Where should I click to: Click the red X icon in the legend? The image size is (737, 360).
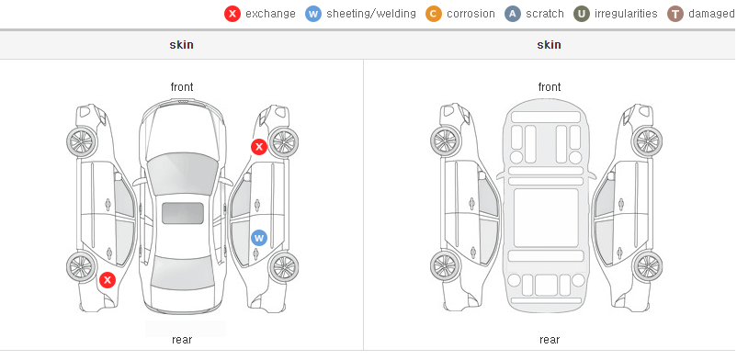click(232, 14)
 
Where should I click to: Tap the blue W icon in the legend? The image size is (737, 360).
click(313, 14)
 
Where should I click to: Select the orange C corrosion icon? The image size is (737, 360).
click(434, 14)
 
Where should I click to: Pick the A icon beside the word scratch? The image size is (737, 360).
click(513, 14)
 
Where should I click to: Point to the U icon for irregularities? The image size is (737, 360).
click(582, 14)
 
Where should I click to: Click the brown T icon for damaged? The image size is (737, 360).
click(675, 14)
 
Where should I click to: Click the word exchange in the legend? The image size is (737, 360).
click(270, 14)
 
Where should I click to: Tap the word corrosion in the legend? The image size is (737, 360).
click(471, 14)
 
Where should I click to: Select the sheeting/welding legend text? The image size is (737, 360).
click(371, 14)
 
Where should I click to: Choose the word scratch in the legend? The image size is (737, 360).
click(545, 14)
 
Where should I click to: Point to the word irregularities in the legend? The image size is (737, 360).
click(626, 14)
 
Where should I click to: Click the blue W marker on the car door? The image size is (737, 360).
click(259, 238)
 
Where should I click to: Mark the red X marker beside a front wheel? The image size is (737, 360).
click(259, 147)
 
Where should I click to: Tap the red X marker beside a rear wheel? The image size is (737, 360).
click(108, 281)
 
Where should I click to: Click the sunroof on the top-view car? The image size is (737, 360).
click(183, 213)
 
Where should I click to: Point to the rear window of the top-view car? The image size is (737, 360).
click(182, 275)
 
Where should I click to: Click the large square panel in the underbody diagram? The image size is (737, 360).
click(546, 218)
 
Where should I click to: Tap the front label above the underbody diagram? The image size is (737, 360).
click(550, 87)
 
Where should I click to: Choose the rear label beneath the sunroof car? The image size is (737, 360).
click(182, 340)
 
